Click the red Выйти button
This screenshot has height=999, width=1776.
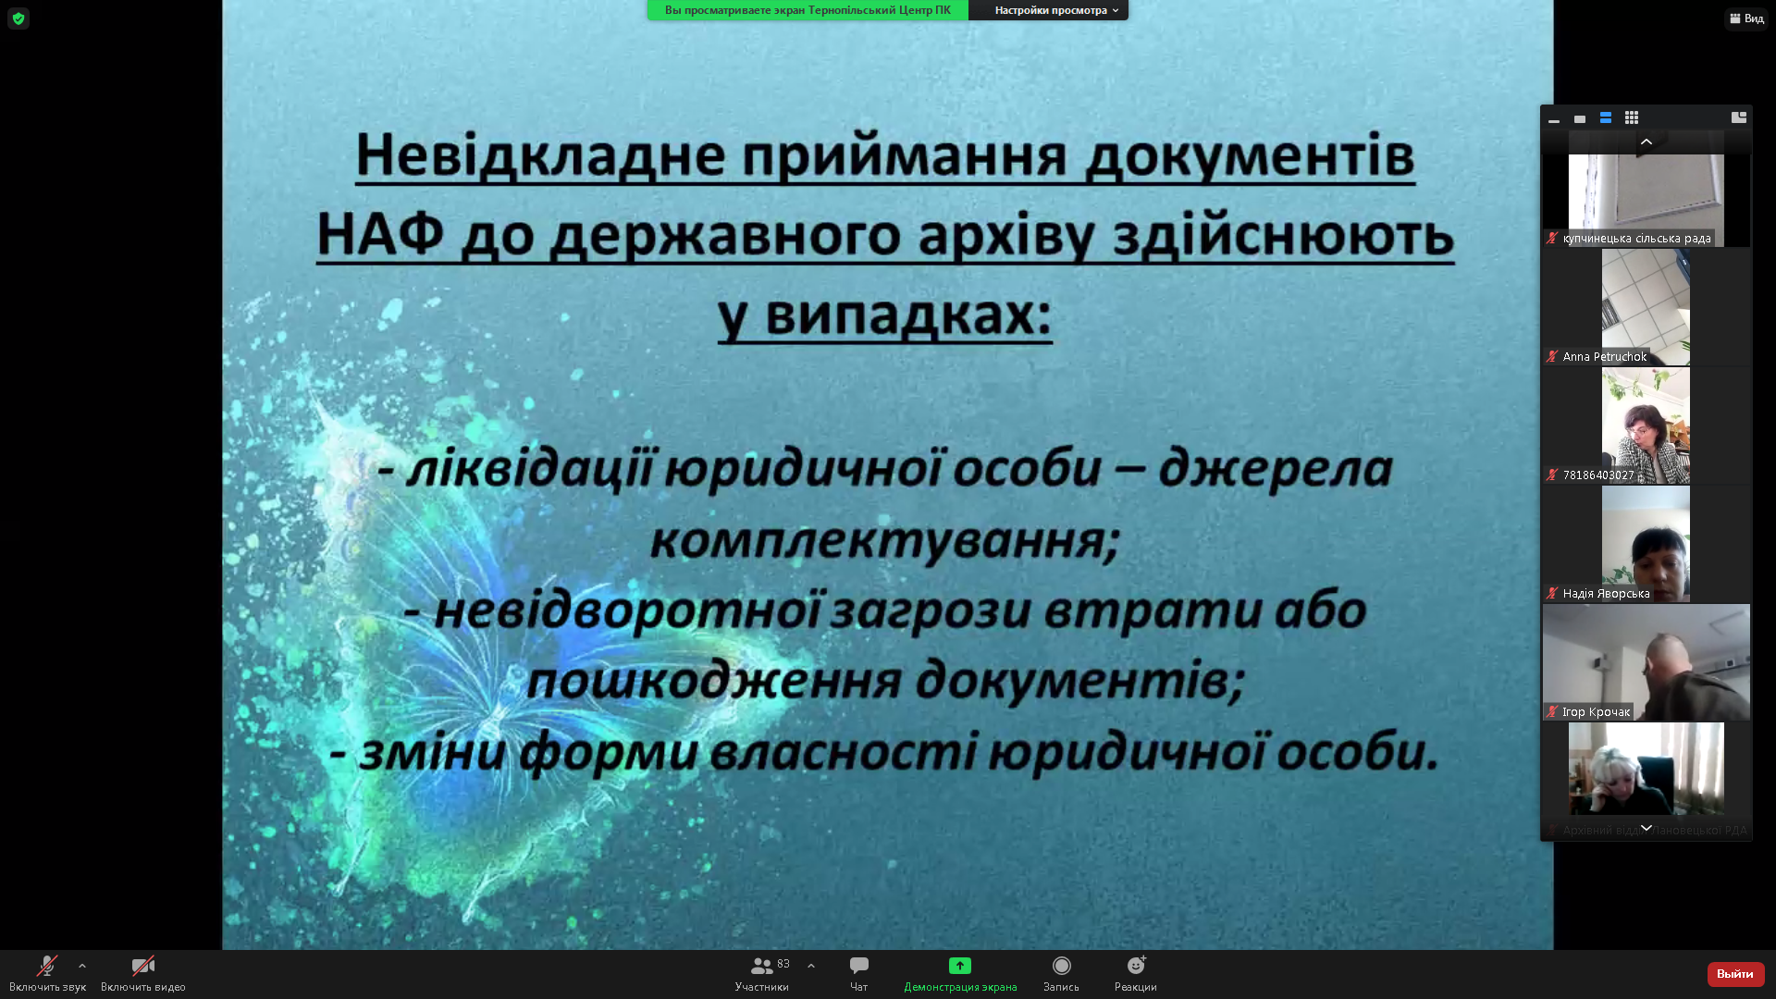click(1735, 974)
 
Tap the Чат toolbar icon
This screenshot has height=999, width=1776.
click(859, 966)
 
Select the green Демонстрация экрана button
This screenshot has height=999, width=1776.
click(960, 966)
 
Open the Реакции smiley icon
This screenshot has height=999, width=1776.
click(1136, 966)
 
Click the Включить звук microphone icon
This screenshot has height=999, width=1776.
click(46, 967)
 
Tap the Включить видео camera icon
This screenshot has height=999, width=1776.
click(142, 967)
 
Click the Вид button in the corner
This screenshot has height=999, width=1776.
click(1746, 18)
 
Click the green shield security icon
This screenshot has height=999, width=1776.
click(18, 18)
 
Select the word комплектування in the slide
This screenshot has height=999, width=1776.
click(884, 539)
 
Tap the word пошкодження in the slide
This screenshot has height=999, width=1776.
click(713, 680)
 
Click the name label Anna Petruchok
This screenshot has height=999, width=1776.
click(1605, 357)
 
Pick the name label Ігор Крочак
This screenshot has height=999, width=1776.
click(1596, 712)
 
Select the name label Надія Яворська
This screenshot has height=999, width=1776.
click(1606, 594)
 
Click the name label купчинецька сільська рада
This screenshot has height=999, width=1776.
click(1636, 239)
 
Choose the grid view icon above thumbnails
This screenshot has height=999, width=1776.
click(1632, 117)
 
